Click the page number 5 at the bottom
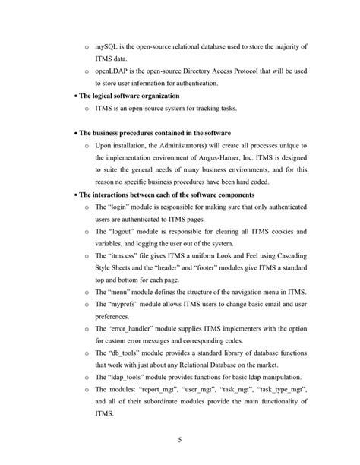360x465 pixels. pos(179,439)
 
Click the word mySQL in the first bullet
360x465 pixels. pos(106,47)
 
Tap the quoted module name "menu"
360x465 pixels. pos(121,291)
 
